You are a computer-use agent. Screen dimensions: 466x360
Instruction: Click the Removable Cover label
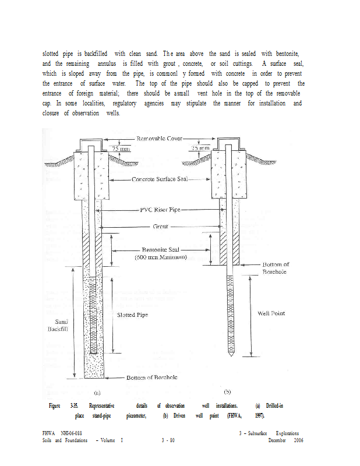(x=159, y=139)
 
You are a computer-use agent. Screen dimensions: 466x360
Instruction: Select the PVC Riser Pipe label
(x=162, y=209)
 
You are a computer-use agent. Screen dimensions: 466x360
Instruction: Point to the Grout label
(x=160, y=226)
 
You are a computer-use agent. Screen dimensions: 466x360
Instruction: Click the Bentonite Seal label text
(x=162, y=249)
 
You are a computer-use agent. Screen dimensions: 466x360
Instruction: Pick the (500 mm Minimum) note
(x=160, y=257)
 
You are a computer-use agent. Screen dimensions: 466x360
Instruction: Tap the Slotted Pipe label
(x=133, y=315)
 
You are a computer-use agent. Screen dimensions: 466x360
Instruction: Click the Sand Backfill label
(x=61, y=325)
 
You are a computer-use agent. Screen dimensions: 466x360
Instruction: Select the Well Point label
(x=271, y=313)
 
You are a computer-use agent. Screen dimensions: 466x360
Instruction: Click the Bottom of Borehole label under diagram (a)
(x=152, y=377)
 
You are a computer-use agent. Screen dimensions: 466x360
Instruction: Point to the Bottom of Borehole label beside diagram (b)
(x=276, y=268)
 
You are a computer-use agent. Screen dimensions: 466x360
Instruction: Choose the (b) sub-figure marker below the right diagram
(x=228, y=391)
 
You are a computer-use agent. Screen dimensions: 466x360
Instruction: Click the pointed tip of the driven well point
(x=229, y=355)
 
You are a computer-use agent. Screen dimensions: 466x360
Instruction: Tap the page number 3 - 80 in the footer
(x=168, y=441)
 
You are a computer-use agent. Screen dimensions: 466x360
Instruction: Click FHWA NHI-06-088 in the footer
(x=62, y=433)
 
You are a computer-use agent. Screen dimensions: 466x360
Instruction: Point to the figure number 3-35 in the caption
(x=74, y=405)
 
